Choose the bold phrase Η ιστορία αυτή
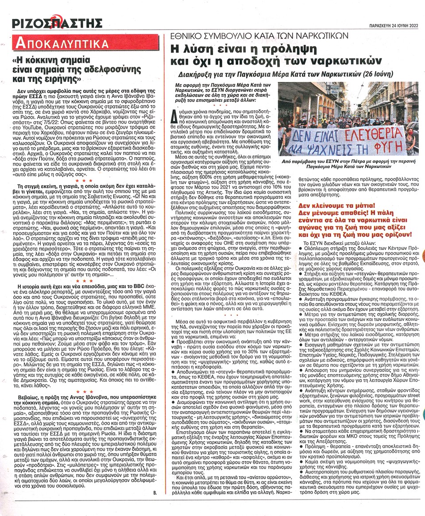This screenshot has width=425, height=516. click(x=33, y=287)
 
